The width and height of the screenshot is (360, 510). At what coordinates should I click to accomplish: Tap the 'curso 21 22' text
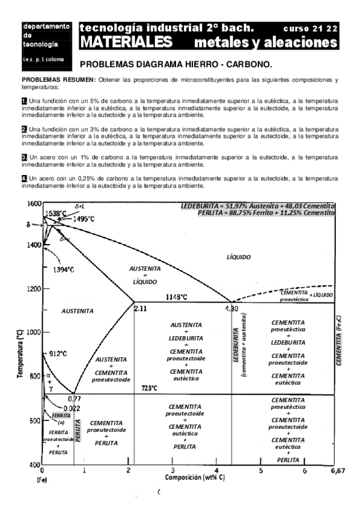click(310, 28)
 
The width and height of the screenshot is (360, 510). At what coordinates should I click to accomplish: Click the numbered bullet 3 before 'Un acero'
click(24, 157)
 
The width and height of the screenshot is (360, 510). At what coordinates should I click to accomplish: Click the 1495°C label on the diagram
click(84, 219)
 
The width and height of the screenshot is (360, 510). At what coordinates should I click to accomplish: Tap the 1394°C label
click(67, 269)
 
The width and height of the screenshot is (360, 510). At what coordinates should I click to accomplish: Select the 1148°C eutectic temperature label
click(176, 297)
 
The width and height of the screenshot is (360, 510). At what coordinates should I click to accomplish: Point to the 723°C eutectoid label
click(150, 388)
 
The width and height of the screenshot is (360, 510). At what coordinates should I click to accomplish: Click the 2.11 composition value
click(140, 308)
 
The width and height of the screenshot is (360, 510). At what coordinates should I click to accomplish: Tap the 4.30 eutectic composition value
click(232, 308)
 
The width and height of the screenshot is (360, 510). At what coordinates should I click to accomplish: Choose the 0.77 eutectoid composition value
click(74, 398)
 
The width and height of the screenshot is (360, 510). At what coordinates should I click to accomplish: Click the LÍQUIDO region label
click(239, 257)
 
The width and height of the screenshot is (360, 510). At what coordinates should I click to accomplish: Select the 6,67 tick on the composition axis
click(340, 471)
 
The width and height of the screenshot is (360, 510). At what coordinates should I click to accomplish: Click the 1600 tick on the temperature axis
click(34, 203)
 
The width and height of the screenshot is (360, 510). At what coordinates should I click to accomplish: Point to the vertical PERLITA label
click(78, 428)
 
